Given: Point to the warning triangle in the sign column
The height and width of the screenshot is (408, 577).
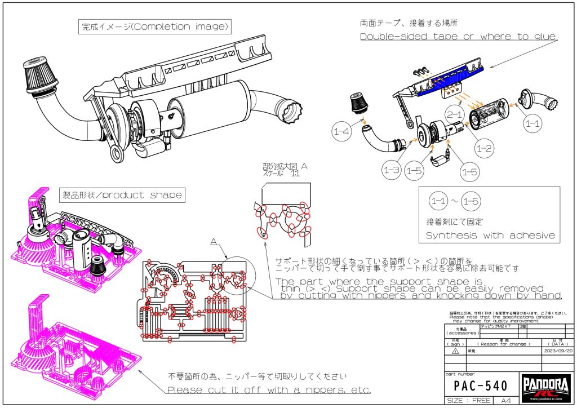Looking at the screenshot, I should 456,350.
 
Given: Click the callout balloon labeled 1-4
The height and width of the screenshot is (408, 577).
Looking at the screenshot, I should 341,133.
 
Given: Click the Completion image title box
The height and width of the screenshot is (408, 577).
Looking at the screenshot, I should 155,26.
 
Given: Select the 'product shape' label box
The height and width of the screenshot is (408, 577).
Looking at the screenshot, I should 122,195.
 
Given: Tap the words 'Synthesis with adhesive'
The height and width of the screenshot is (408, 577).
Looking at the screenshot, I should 490,236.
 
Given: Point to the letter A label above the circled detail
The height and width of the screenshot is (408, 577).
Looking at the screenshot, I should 214,241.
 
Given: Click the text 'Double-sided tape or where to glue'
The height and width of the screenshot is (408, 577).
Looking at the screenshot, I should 458,37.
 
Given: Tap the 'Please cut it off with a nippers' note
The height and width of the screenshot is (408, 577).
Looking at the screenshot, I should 269,390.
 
